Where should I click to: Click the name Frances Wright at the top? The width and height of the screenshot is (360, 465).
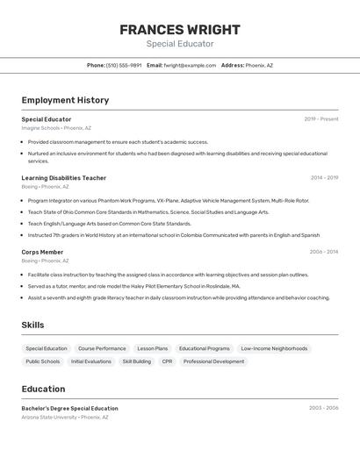point(180,30)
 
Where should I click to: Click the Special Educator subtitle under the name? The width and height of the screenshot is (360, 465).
point(180,44)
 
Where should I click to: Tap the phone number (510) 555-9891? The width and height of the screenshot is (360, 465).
point(124,65)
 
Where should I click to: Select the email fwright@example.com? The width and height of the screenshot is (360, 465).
point(190,65)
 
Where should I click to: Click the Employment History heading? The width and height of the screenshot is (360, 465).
point(65,100)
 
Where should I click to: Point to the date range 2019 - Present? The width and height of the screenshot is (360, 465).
point(321,119)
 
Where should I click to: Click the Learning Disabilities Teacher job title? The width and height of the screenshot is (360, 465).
point(63,178)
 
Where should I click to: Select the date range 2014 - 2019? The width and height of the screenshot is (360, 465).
point(324,178)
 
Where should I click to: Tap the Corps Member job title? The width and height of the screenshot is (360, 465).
point(42,252)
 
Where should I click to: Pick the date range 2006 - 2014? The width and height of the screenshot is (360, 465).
point(323,252)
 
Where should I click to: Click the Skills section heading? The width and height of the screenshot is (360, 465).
point(32,325)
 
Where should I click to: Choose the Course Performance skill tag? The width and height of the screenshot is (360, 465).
point(102,348)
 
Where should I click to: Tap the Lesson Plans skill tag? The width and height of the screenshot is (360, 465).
point(153,348)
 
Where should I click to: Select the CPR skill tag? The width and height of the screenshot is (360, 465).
point(167,361)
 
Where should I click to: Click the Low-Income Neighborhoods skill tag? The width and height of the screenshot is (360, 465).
point(274,348)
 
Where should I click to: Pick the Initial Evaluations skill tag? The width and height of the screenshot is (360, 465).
point(91,361)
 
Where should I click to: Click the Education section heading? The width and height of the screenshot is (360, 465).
point(43,389)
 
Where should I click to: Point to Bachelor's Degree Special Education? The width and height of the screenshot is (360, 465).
point(69,408)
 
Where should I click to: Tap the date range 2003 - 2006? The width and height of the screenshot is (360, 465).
point(323,408)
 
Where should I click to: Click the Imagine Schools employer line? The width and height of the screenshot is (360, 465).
point(40,128)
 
